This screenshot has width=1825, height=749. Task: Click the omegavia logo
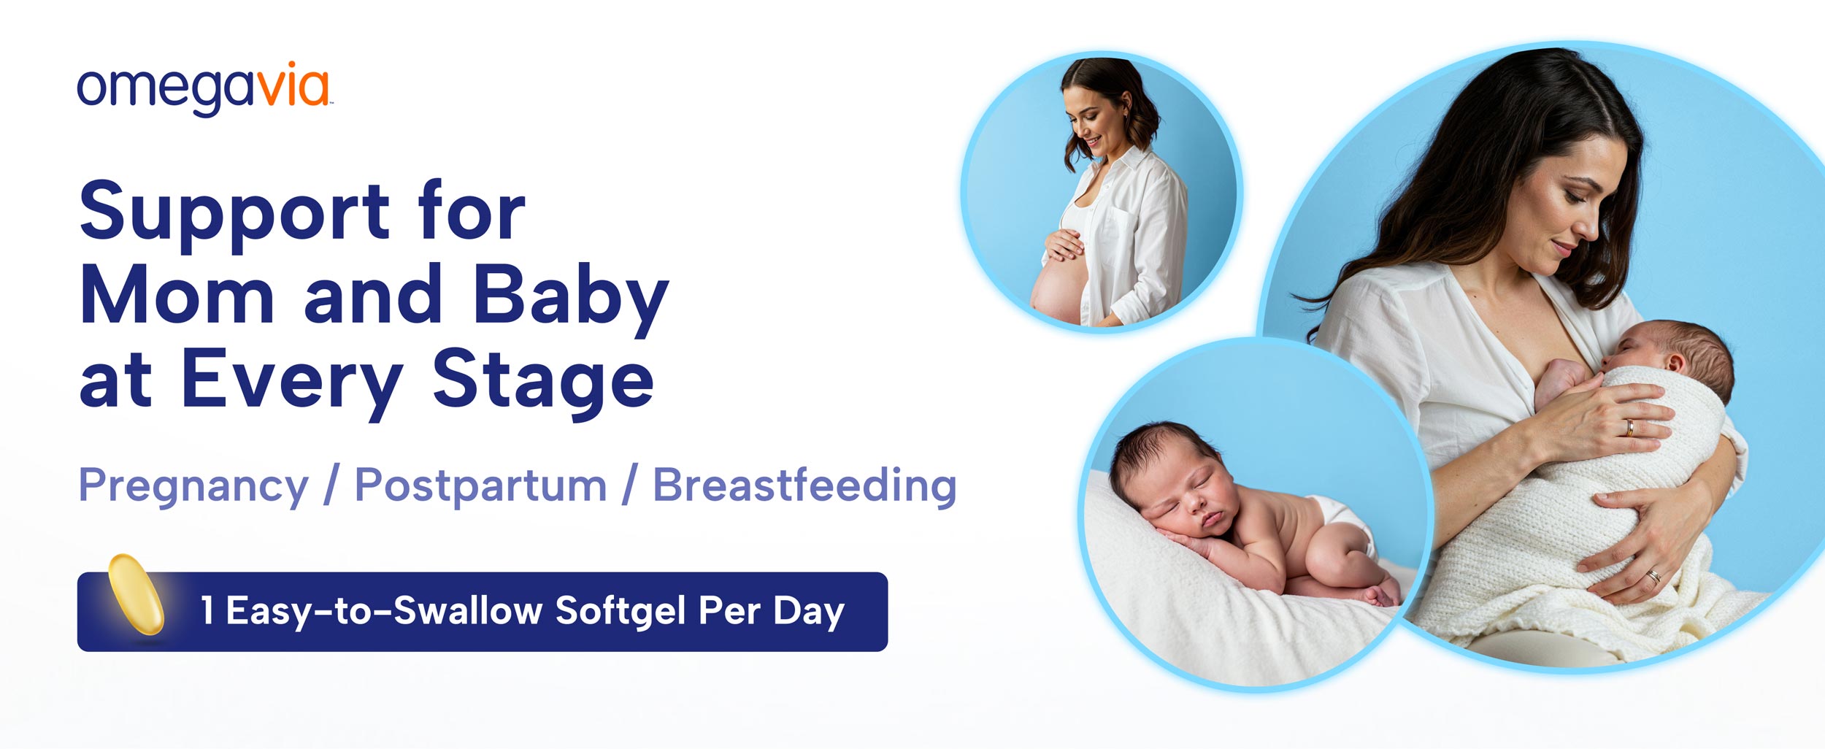point(204,89)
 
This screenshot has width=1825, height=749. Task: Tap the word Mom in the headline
point(177,294)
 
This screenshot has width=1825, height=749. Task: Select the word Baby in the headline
point(570,299)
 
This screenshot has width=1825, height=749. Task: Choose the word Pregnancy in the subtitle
point(193,487)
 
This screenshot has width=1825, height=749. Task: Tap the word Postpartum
point(480,487)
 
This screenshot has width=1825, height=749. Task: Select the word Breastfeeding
point(804,485)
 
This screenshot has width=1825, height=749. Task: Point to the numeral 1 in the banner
point(207,610)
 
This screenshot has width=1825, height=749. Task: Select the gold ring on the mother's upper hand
point(1629,428)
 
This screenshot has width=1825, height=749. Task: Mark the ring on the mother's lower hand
point(1654,576)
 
